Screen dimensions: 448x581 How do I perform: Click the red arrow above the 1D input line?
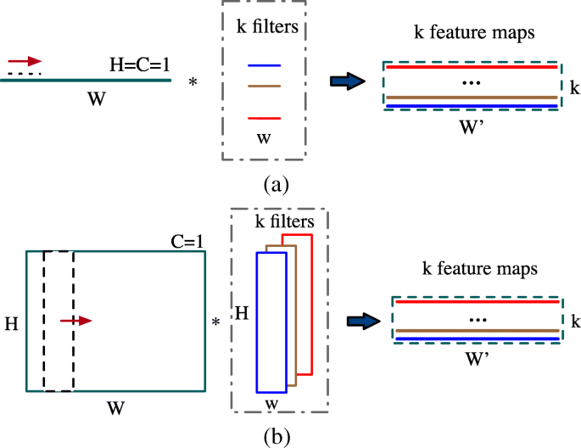click(x=25, y=61)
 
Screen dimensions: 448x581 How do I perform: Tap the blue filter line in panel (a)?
click(x=264, y=65)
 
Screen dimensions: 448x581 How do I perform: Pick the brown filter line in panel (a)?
click(x=264, y=86)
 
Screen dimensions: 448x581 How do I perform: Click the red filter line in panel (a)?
click(x=264, y=118)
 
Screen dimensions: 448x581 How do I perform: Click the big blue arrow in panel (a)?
click(x=348, y=81)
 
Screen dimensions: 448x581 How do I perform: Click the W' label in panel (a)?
click(x=471, y=124)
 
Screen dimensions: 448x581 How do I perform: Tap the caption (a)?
click(x=277, y=183)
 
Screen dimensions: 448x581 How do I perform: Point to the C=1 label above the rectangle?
click(x=187, y=241)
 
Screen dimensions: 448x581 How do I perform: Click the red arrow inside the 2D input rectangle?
click(x=75, y=321)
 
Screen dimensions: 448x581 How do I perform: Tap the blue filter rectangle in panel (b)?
click(x=271, y=322)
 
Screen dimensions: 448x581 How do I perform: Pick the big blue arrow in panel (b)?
click(x=368, y=321)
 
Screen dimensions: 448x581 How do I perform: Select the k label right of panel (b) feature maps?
click(x=575, y=322)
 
